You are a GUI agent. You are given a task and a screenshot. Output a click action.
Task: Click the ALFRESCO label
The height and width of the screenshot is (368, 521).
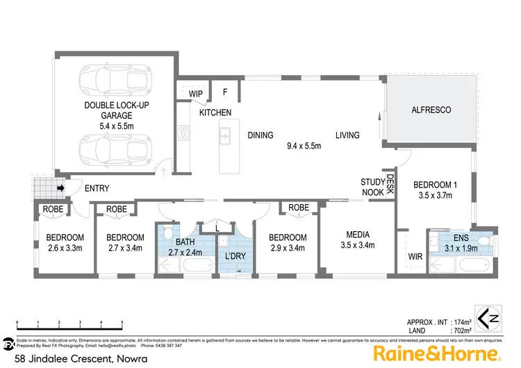(431, 110)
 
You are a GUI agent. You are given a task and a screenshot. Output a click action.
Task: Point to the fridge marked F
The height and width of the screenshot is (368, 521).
(224, 91)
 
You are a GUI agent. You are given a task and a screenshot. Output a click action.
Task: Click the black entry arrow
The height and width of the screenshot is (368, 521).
(60, 187)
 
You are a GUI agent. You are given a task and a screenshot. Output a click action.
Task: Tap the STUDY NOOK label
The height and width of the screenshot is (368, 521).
(372, 187)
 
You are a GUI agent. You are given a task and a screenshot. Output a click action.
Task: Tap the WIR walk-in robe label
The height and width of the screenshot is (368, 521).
(415, 257)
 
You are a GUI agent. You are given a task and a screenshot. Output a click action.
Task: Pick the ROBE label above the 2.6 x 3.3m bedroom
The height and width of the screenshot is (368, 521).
(54, 208)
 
